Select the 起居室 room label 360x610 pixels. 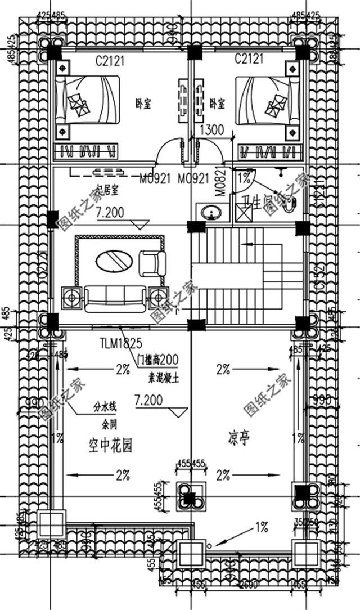pos(107,190)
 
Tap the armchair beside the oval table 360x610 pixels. pos(152,263)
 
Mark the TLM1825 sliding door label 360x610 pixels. pos(120,342)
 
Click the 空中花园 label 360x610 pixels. pos(110,447)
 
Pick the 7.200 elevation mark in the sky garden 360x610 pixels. pos(150,400)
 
